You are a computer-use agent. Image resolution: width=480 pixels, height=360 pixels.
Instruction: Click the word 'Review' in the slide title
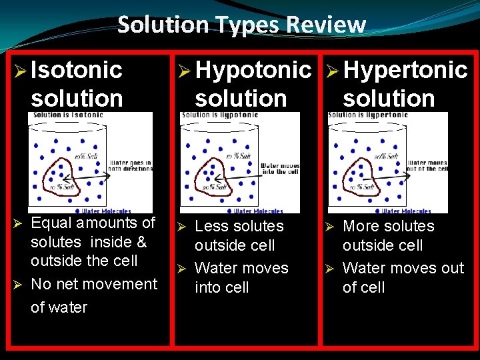326,25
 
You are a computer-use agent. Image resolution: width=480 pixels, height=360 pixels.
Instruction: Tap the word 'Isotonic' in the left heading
77,70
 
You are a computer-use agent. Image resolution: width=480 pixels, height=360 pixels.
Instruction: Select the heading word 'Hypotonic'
254,70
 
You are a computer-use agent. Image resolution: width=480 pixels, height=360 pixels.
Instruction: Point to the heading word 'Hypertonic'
405,70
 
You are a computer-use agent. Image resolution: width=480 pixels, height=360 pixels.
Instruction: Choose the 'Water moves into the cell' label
279,169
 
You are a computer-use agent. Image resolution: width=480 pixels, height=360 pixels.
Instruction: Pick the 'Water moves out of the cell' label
427,165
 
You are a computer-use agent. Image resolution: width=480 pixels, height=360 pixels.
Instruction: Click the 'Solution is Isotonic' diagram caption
66,115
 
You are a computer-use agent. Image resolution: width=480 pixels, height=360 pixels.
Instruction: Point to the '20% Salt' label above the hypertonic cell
386,157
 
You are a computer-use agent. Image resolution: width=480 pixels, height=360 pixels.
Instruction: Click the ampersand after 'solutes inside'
141,242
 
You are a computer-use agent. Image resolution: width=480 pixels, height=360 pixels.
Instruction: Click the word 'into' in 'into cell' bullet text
207,288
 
